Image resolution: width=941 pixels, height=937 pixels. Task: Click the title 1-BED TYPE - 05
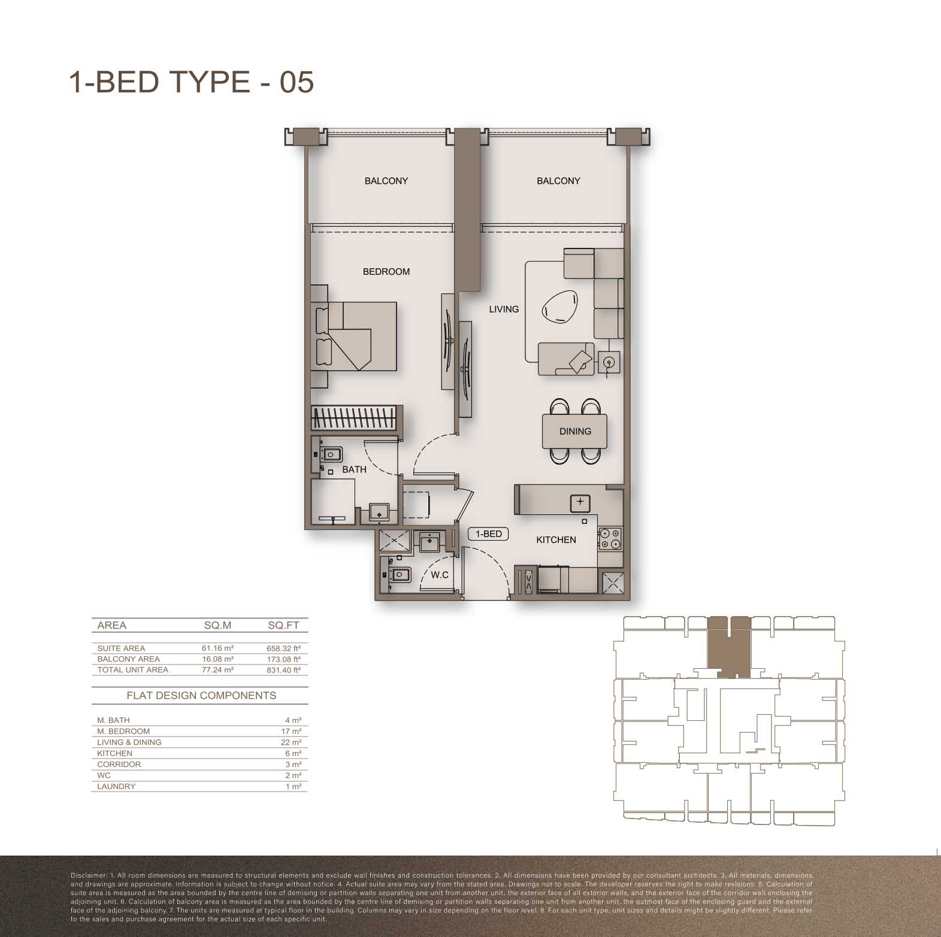click(x=192, y=81)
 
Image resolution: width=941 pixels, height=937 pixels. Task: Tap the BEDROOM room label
click(x=386, y=272)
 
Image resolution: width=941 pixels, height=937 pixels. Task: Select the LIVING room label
click(x=504, y=309)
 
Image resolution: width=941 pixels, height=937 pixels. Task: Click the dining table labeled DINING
click(x=575, y=431)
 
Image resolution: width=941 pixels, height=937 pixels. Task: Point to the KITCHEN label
click(x=556, y=539)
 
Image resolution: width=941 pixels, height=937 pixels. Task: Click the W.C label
click(x=440, y=575)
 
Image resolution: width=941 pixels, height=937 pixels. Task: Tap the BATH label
click(x=354, y=469)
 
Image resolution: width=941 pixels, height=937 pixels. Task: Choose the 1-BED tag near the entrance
click(x=489, y=534)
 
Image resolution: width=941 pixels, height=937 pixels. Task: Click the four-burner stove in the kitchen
click(x=610, y=539)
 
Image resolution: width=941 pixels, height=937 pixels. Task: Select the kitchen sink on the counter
click(x=580, y=503)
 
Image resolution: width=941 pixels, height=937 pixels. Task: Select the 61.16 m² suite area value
click(x=217, y=648)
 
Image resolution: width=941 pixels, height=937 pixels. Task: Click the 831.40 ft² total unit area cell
click(x=283, y=670)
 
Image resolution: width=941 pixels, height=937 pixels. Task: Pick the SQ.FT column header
click(x=283, y=625)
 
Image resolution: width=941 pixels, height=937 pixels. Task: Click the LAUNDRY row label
click(x=116, y=786)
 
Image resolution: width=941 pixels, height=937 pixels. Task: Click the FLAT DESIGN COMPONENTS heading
click(x=201, y=695)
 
